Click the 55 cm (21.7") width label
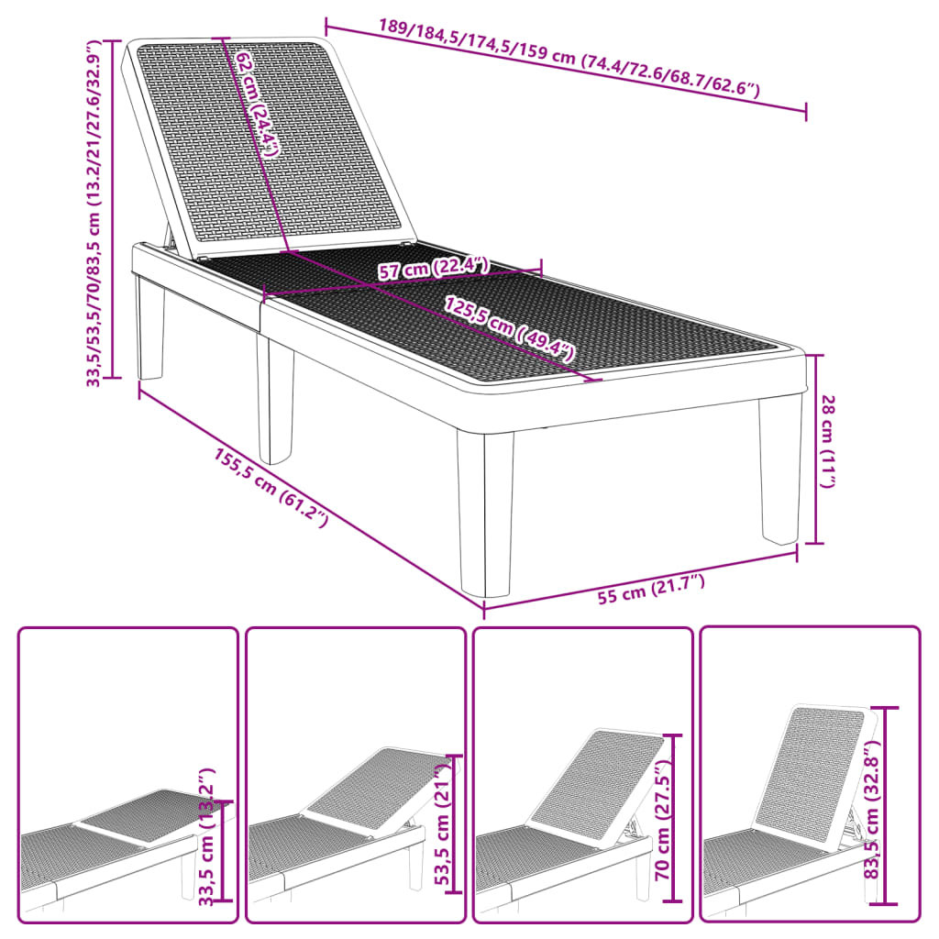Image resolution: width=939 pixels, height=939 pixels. click(650, 589)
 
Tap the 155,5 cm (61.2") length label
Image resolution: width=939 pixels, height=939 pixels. click(271, 487)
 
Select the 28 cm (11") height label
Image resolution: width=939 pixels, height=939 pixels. click(827, 441)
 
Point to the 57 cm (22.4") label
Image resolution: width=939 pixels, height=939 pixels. click(433, 269)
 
